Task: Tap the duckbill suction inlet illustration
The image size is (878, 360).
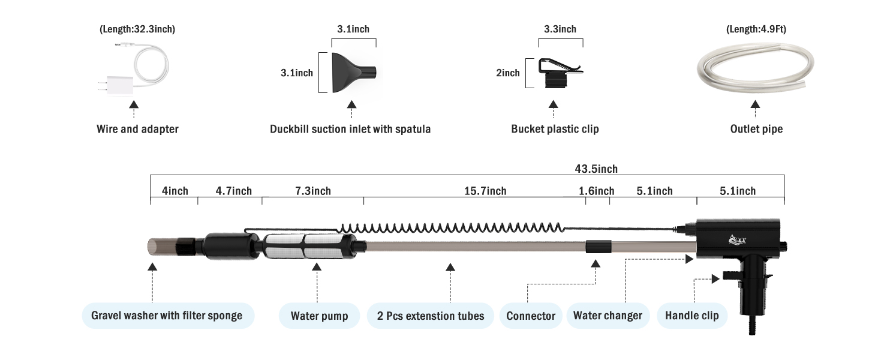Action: [x=354, y=73]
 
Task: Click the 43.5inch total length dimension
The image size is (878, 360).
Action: [x=596, y=169]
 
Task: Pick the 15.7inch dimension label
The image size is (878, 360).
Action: [x=485, y=191]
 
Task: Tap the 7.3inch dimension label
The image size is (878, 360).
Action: [x=313, y=191]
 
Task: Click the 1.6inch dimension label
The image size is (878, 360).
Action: [x=597, y=191]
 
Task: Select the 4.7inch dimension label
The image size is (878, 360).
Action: [x=234, y=191]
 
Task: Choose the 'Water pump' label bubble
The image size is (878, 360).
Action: [x=319, y=316]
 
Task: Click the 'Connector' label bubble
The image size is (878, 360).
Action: [x=531, y=316]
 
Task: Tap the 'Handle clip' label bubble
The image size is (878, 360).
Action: [x=692, y=316]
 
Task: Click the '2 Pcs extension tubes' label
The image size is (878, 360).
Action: [x=431, y=316]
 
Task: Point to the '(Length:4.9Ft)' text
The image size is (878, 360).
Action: [x=756, y=29]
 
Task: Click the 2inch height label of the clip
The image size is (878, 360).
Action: [x=507, y=73]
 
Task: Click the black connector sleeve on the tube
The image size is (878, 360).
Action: [x=599, y=247]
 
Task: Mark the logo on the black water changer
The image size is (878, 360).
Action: [x=737, y=239]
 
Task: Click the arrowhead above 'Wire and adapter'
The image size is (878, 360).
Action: [x=134, y=104]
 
